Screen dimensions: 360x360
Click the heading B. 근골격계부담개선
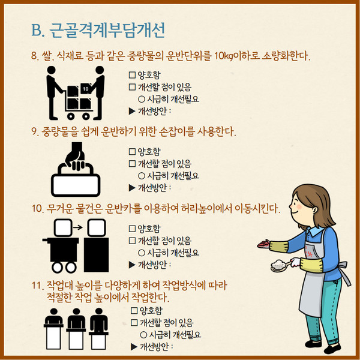click(98, 30)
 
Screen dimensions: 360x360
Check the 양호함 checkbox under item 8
click(132, 75)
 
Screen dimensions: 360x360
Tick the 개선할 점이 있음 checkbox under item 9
click(132, 163)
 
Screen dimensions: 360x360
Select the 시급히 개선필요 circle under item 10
click(142, 253)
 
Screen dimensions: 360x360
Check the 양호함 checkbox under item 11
click(134, 310)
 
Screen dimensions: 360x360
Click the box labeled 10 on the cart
click(86, 89)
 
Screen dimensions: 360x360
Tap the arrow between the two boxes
click(78, 227)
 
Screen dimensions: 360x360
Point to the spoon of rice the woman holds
click(280, 266)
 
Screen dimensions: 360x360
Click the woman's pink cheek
click(299, 206)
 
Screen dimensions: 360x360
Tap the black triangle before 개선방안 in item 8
click(132, 112)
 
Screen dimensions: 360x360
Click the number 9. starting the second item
click(35, 131)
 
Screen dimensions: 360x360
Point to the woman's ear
click(314, 210)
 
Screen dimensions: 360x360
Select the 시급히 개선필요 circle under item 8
click(142, 99)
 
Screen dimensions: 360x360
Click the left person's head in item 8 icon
click(51, 70)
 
